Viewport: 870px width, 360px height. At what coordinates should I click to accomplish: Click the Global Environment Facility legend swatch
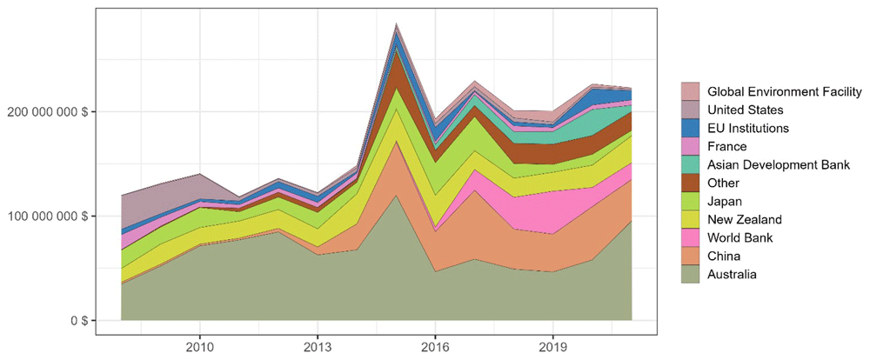click(x=690, y=91)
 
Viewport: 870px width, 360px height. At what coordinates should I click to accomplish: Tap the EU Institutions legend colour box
click(x=690, y=128)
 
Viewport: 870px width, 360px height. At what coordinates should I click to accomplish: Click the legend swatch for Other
click(x=690, y=183)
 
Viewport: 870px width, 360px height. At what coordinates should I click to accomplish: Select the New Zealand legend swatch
click(x=690, y=220)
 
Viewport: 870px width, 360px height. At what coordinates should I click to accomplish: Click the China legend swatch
click(x=690, y=257)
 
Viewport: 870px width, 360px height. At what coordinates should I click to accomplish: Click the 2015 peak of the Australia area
click(x=396, y=196)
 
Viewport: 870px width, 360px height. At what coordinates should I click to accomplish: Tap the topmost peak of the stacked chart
click(x=396, y=23)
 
